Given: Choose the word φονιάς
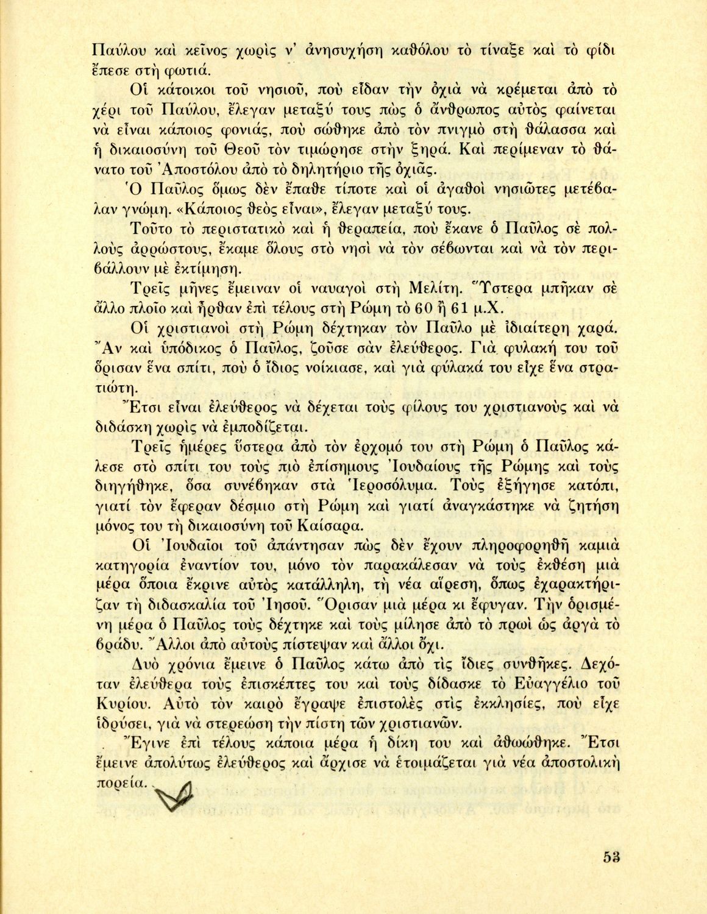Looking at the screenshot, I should [x=246, y=129].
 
